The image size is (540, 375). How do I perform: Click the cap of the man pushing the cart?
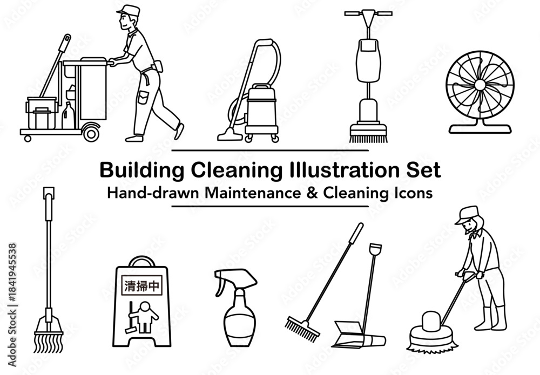[x=129, y=11]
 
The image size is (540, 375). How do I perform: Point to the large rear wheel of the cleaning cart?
[x=91, y=133]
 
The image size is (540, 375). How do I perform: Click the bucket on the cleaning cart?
[x=42, y=113]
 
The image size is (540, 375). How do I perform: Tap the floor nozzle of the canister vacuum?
[x=230, y=135]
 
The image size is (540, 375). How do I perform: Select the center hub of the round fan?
[x=480, y=85]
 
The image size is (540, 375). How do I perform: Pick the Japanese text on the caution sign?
[x=141, y=286]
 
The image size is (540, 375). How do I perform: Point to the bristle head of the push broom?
[x=302, y=329]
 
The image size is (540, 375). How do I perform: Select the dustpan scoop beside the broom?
[x=358, y=335]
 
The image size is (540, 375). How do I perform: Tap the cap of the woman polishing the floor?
[x=467, y=215]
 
